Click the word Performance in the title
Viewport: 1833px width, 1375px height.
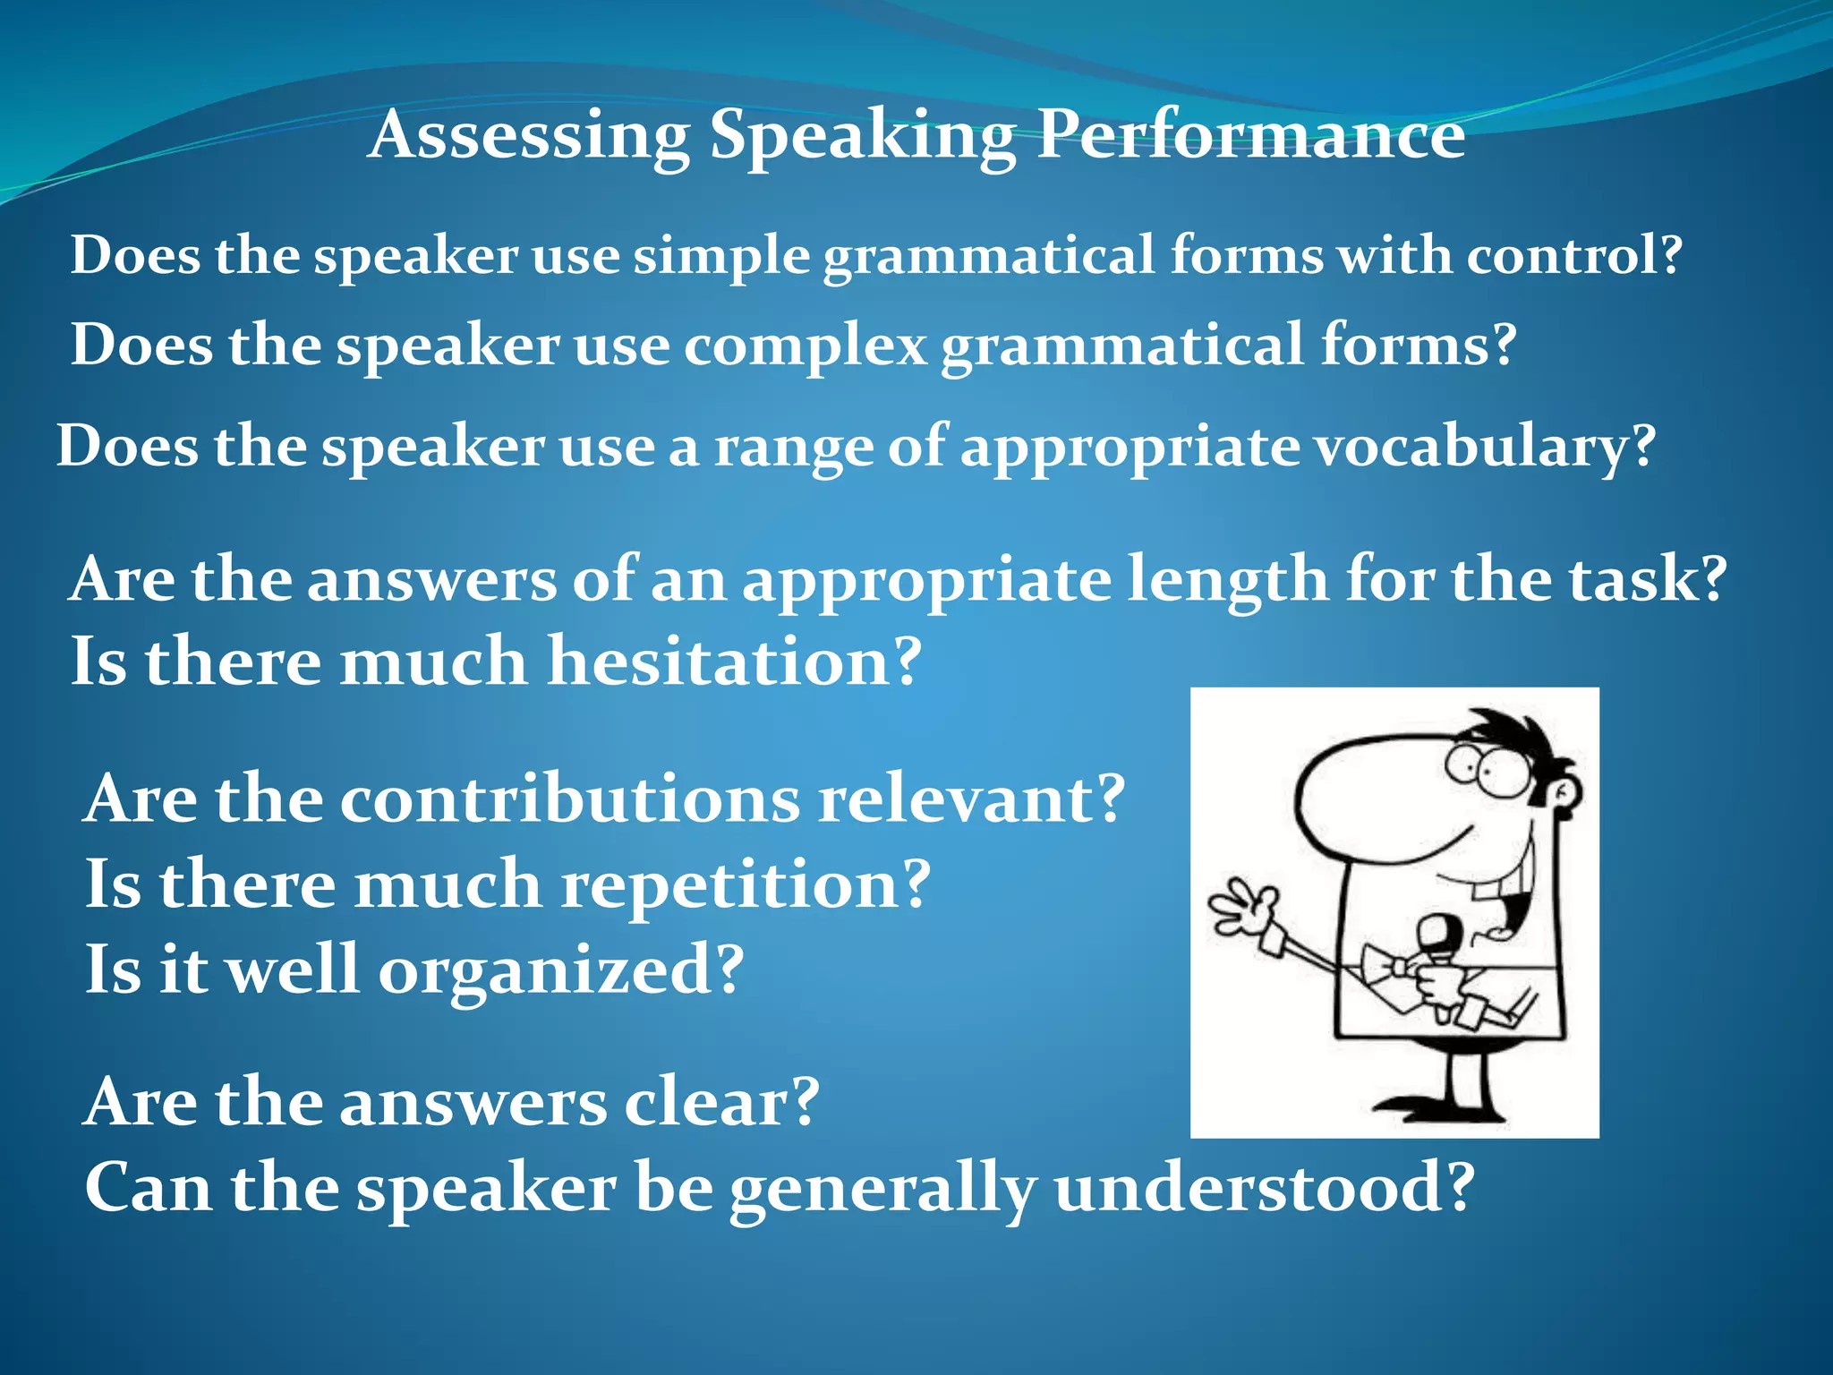click(1250, 136)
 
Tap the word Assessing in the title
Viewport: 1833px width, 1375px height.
click(528, 136)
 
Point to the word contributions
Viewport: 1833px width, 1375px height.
click(569, 799)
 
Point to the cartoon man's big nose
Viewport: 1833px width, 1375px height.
click(1369, 797)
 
